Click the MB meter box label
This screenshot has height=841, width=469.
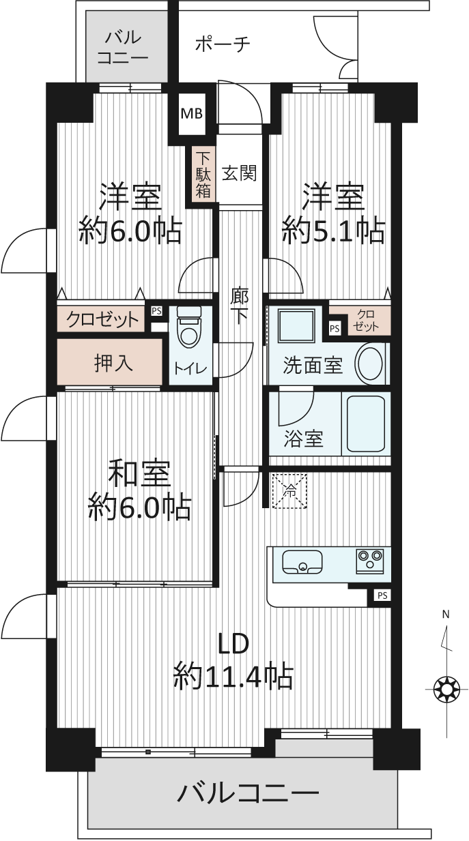tap(192, 113)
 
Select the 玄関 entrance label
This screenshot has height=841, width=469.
tap(240, 173)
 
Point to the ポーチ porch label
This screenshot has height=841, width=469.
tap(223, 45)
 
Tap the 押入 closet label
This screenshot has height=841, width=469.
tap(113, 364)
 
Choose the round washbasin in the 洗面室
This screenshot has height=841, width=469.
tap(371, 364)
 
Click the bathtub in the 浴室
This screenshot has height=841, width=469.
tap(366, 424)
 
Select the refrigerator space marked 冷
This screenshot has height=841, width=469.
tap(289, 492)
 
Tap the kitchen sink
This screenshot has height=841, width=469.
tap(302, 562)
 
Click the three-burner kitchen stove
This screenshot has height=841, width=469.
tap(370, 561)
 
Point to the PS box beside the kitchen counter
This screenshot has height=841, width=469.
tap(382, 595)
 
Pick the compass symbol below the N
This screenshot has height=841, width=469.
tap(447, 689)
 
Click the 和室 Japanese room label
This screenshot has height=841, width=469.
tap(139, 475)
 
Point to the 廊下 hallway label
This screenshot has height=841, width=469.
tap(240, 306)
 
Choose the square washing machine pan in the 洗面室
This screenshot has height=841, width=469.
tap(296, 326)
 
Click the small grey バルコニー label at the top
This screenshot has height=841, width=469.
tap(123, 48)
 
